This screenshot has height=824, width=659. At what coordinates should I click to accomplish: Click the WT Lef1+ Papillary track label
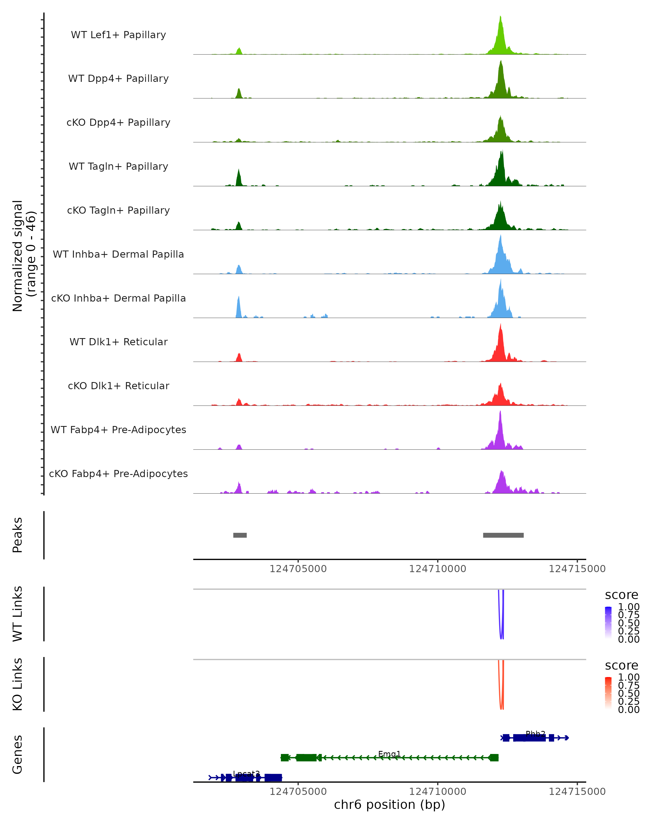click(x=118, y=35)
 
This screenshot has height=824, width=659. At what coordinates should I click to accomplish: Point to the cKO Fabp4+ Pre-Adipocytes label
click(x=118, y=474)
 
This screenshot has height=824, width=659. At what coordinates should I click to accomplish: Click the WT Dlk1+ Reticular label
click(x=118, y=342)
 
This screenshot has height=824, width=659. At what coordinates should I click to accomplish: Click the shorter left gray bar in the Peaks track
click(x=240, y=535)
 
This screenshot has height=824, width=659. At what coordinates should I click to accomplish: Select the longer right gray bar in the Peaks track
click(x=503, y=535)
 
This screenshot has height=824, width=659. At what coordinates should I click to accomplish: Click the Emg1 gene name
click(x=389, y=754)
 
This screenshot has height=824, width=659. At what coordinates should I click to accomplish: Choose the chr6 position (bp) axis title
click(x=389, y=805)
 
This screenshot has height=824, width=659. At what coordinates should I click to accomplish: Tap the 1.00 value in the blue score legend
click(x=629, y=607)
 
